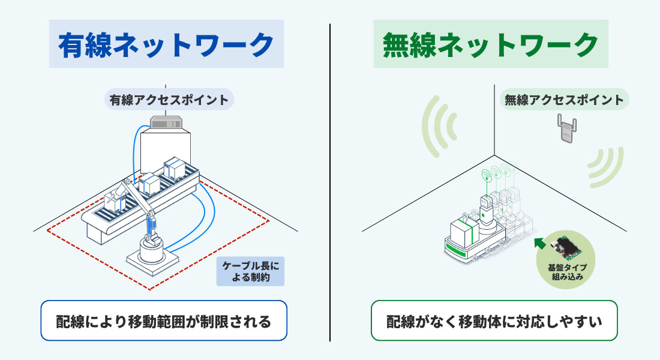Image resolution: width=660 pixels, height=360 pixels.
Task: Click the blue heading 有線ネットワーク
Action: [x=166, y=44]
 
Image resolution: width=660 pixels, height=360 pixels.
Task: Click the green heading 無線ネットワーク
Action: [x=490, y=44]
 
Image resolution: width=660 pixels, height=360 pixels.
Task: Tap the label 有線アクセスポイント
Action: [x=169, y=100]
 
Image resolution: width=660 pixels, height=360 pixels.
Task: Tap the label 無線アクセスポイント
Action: [x=564, y=100]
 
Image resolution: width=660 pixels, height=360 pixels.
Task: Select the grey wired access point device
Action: [x=166, y=122]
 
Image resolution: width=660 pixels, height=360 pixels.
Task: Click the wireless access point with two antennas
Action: [x=566, y=128]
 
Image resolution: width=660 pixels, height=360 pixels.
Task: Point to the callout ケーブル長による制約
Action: [x=250, y=272]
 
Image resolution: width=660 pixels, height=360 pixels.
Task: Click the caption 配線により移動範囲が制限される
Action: [x=164, y=321]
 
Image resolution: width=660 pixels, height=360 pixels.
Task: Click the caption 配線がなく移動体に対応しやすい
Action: [x=494, y=321]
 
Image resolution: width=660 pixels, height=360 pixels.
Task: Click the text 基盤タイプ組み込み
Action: [x=567, y=272]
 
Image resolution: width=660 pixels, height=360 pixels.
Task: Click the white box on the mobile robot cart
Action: [x=464, y=233]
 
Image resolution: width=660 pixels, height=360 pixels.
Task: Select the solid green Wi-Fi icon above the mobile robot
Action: [x=487, y=175]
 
